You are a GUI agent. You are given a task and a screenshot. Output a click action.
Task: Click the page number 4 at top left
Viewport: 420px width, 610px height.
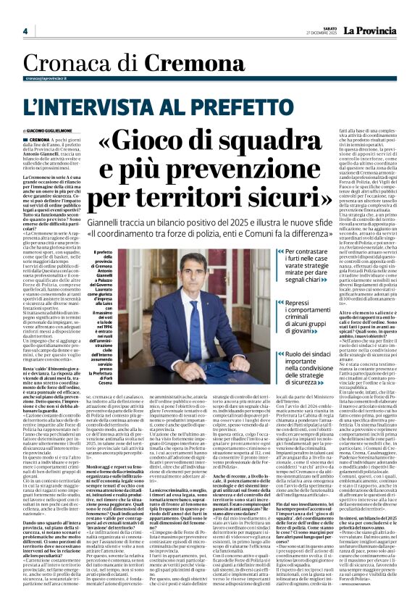[25, 32]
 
